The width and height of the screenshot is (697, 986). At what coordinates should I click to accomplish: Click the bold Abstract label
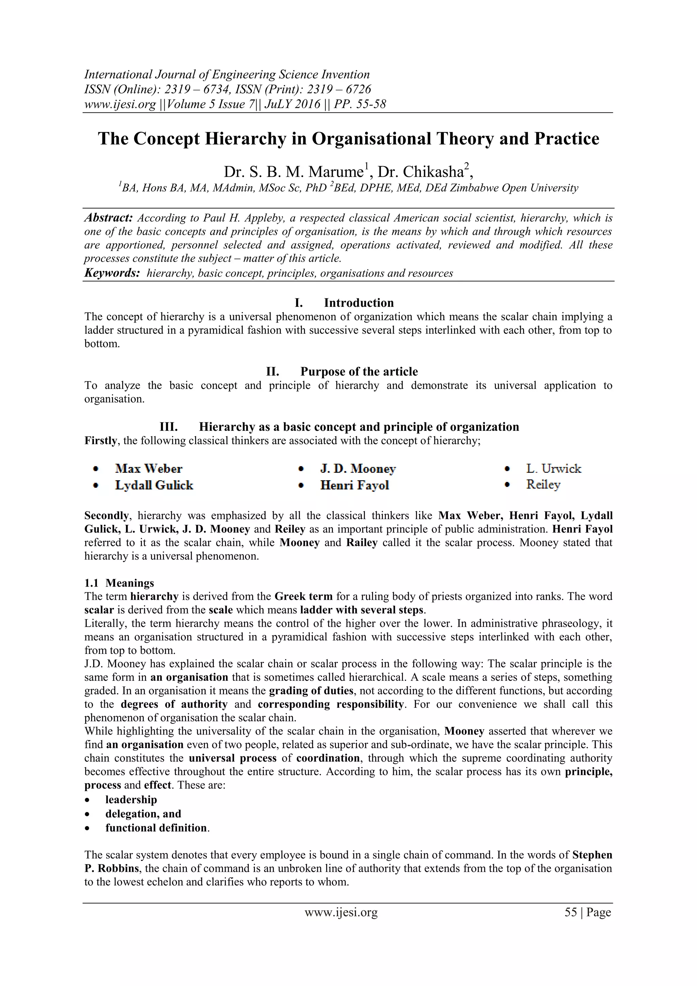109,218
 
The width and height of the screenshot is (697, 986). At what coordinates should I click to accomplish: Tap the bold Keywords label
112,273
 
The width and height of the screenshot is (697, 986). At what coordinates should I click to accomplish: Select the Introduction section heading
358,303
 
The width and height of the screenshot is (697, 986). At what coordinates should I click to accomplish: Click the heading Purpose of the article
359,372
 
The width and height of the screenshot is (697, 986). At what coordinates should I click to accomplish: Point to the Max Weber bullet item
148,469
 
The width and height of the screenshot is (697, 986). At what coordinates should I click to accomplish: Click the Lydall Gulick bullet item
154,485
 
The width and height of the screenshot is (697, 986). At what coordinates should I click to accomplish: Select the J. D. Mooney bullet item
358,469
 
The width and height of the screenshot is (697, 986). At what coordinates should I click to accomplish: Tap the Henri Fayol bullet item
355,485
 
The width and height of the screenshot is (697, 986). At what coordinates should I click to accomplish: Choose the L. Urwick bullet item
554,469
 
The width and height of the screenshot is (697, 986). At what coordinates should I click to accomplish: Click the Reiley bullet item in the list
544,485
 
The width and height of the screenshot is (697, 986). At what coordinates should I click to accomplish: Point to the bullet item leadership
131,800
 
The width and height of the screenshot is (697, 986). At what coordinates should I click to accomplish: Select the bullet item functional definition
156,828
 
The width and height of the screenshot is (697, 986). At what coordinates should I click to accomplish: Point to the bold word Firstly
100,441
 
